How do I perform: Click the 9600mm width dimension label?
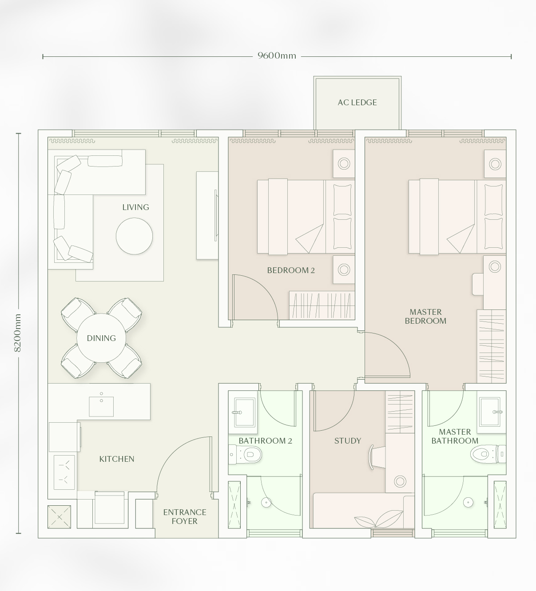pyautogui.click(x=277, y=56)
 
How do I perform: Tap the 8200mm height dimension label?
pyautogui.click(x=17, y=333)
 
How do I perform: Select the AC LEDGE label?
pyautogui.click(x=357, y=103)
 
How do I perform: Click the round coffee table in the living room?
pyautogui.click(x=135, y=236)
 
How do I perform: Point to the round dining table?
pyautogui.click(x=101, y=338)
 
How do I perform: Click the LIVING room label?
pyautogui.click(x=135, y=207)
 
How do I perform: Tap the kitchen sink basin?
pyautogui.click(x=101, y=407)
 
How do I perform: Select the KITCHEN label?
pyautogui.click(x=117, y=459)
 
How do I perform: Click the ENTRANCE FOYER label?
pyautogui.click(x=185, y=516)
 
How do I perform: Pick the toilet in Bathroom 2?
pyautogui.click(x=246, y=455)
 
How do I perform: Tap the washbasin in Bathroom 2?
pyautogui.click(x=245, y=412)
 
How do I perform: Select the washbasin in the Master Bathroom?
pyautogui.click(x=489, y=412)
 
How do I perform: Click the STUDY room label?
pyautogui.click(x=348, y=441)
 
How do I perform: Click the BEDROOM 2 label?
pyautogui.click(x=291, y=270)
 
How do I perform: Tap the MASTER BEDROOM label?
pyautogui.click(x=425, y=316)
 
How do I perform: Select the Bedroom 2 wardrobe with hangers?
pyautogui.click(x=322, y=305)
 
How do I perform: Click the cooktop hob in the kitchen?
pyautogui.click(x=64, y=472)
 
